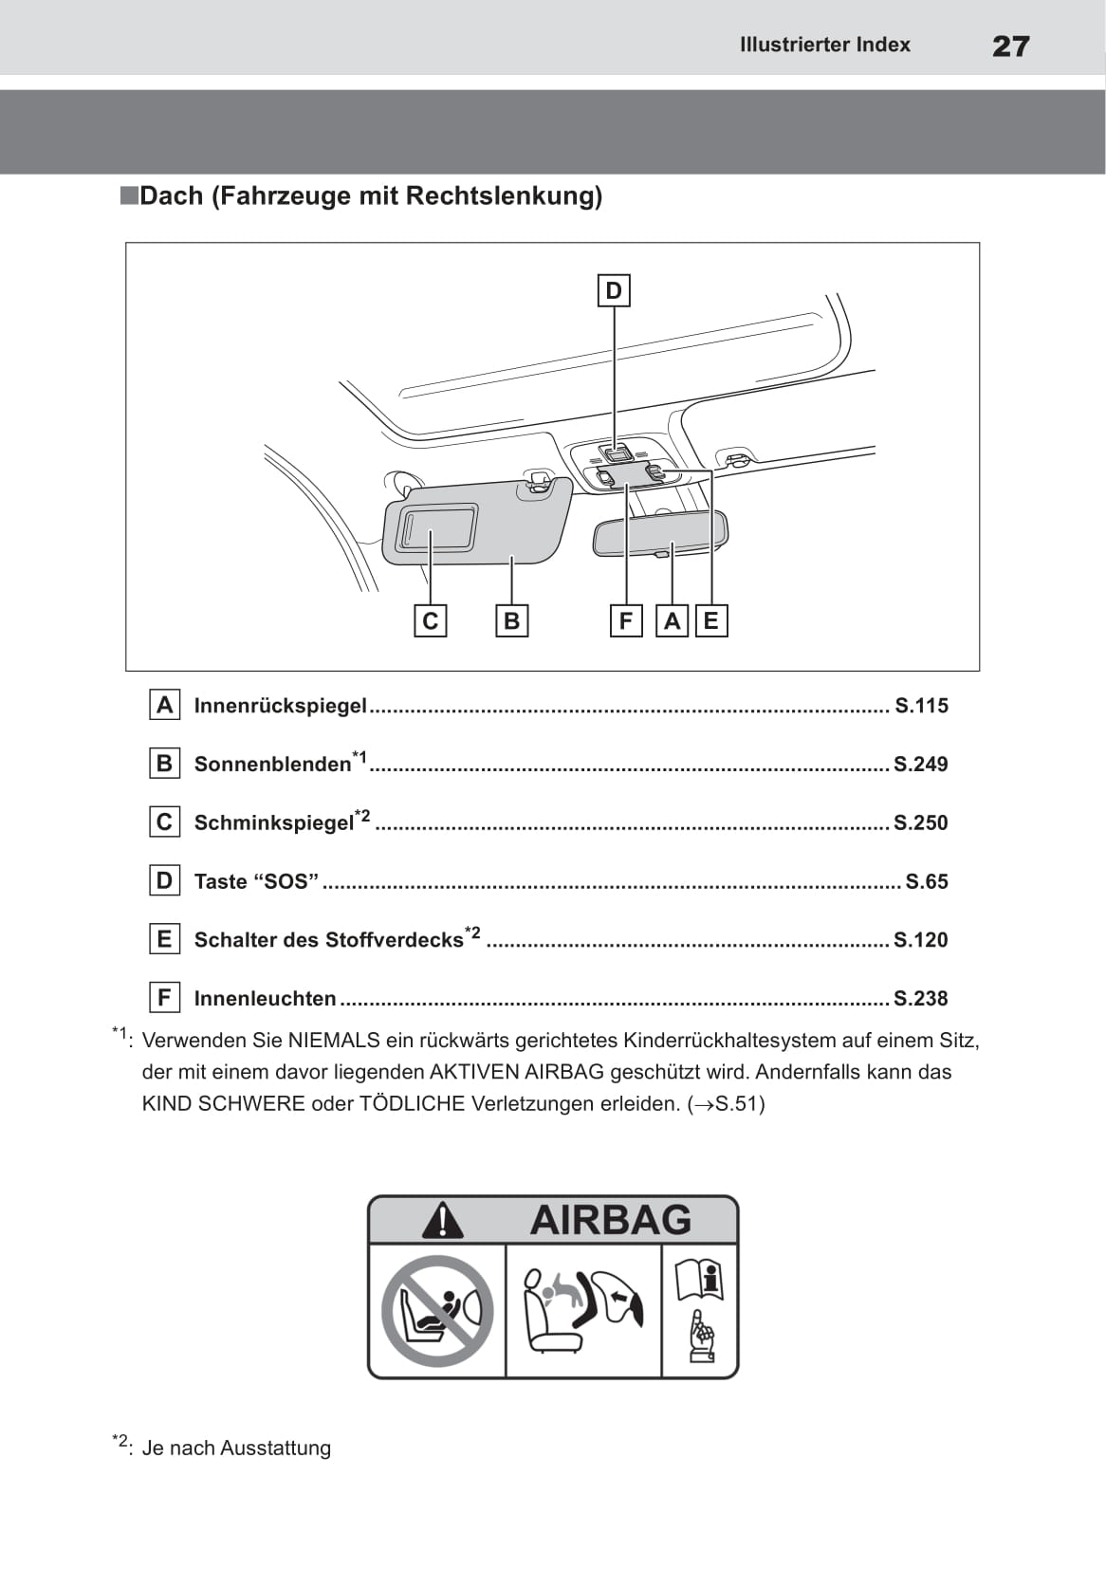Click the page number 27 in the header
1010,46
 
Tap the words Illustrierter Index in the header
824,45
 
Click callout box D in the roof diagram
614,290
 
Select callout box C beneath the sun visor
431,621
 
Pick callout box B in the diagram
511,621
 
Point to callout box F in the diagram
625,621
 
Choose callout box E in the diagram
710,621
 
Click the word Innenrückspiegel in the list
280,706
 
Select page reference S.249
920,765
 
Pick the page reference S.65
926,882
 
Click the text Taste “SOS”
256,882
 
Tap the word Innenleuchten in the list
265,999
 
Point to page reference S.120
920,940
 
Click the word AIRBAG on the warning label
611,1220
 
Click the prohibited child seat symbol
437,1311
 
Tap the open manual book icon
699,1281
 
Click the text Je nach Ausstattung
236,1449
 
